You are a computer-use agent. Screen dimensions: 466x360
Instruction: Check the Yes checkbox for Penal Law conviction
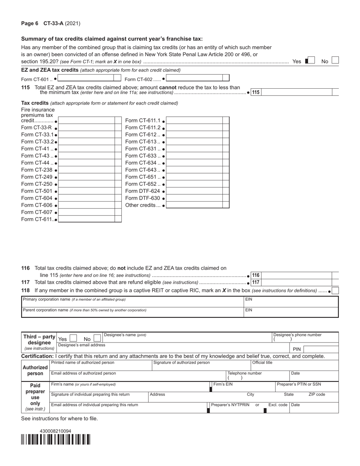[x=311, y=61]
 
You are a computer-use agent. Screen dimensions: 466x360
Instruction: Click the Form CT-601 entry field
[x=86, y=78]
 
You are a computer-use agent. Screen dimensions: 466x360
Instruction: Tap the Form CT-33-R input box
[x=87, y=128]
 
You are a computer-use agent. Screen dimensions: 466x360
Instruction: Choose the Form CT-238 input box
[x=87, y=170]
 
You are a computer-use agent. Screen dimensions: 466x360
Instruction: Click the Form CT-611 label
[x=38, y=219]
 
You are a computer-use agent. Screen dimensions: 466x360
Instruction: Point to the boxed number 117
[x=256, y=282]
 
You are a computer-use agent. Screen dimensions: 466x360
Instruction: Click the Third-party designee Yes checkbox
[x=74, y=338]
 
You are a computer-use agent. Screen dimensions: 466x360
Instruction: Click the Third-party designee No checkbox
[x=97, y=338]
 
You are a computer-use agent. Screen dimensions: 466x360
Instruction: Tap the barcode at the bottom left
[x=56, y=439]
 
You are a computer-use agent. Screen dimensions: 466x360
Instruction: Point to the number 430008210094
[x=55, y=431]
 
